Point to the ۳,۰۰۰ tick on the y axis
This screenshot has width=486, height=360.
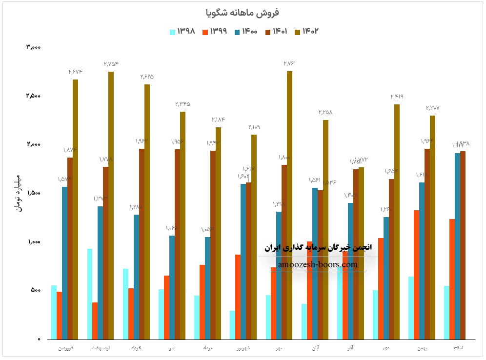tap(33, 47)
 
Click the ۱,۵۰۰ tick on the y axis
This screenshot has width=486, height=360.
tap(33, 193)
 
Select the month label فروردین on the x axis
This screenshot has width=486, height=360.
tap(67, 348)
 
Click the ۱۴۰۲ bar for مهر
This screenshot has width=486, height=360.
tap(289, 205)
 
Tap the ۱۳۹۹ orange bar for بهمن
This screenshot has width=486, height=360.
tap(416, 275)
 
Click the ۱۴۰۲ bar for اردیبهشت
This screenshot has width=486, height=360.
tap(111, 205)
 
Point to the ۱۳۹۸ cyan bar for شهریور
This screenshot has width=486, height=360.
tap(232, 325)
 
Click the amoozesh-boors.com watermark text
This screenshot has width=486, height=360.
tap(318, 265)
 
